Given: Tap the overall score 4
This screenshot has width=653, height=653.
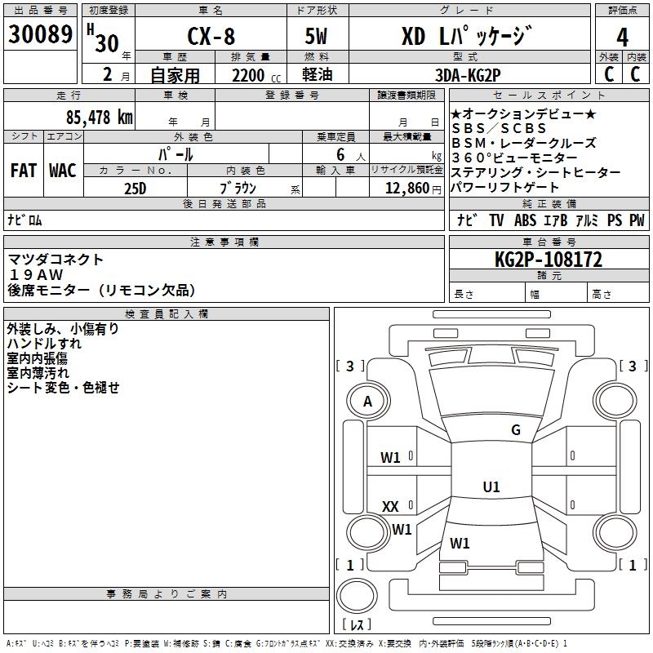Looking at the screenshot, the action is pyautogui.click(x=623, y=37).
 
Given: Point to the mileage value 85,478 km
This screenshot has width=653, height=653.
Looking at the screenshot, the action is pyautogui.click(x=95, y=117).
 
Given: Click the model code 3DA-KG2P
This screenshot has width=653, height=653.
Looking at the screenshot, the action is pyautogui.click(x=468, y=75).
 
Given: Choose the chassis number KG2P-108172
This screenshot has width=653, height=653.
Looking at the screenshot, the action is pyautogui.click(x=549, y=260).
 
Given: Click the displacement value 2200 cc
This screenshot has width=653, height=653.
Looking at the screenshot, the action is pyautogui.click(x=248, y=75).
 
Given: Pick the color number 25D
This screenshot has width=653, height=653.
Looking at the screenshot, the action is pyautogui.click(x=135, y=187).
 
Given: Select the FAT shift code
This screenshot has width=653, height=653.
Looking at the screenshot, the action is pyautogui.click(x=24, y=171).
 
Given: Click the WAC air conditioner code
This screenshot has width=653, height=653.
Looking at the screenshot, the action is pyautogui.click(x=63, y=171).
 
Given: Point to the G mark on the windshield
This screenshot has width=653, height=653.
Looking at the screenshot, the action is pyautogui.click(x=515, y=430).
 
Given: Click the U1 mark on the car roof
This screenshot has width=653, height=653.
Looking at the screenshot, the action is pyautogui.click(x=491, y=487).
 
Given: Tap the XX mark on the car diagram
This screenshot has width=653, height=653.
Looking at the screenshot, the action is pyautogui.click(x=390, y=507).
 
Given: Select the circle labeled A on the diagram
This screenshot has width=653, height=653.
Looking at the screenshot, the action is pyautogui.click(x=368, y=401).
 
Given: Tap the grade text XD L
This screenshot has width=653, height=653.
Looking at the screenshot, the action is pyautogui.click(x=424, y=37).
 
